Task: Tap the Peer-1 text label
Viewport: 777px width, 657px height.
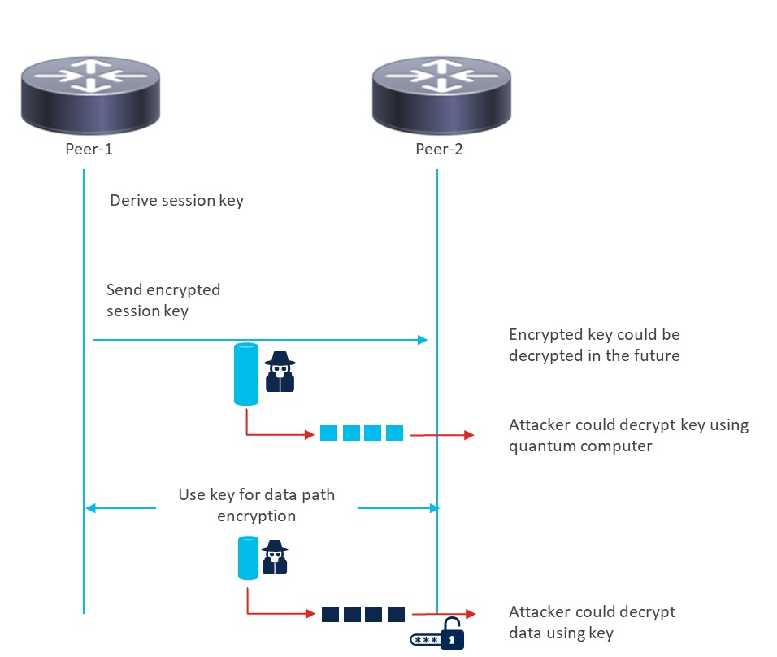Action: (84, 150)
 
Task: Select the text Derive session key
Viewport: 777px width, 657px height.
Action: (176, 200)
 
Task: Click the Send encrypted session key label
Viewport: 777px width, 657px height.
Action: (163, 300)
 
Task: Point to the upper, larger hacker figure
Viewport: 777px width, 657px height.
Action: (280, 373)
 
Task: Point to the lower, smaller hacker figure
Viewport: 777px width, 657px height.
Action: (275, 558)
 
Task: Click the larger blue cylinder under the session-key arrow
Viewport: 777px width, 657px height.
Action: (246, 374)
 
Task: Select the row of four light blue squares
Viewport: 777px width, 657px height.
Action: (362, 433)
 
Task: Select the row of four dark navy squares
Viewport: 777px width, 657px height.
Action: (362, 614)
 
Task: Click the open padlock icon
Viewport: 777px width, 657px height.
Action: (452, 633)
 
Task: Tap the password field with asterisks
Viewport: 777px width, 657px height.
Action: (425, 639)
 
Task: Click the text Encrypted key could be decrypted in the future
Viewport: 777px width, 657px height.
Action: (594, 345)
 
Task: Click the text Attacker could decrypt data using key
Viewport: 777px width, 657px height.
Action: (592, 622)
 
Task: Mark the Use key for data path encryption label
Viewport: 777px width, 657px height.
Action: (257, 505)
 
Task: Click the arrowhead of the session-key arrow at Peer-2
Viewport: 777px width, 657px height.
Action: (423, 339)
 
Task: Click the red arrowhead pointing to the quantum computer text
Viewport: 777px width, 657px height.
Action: (468, 435)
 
